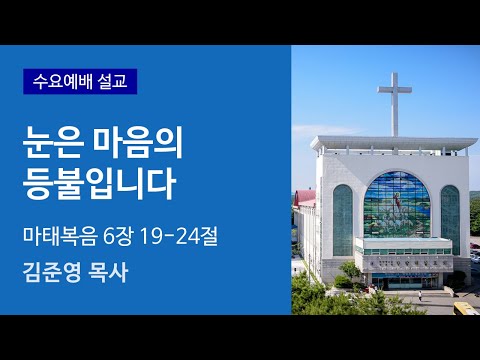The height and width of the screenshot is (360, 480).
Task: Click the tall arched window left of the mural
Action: click(343, 217)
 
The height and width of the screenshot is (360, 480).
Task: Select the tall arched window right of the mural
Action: click(450, 217)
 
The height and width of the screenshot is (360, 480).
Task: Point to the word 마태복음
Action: click(60, 237)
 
